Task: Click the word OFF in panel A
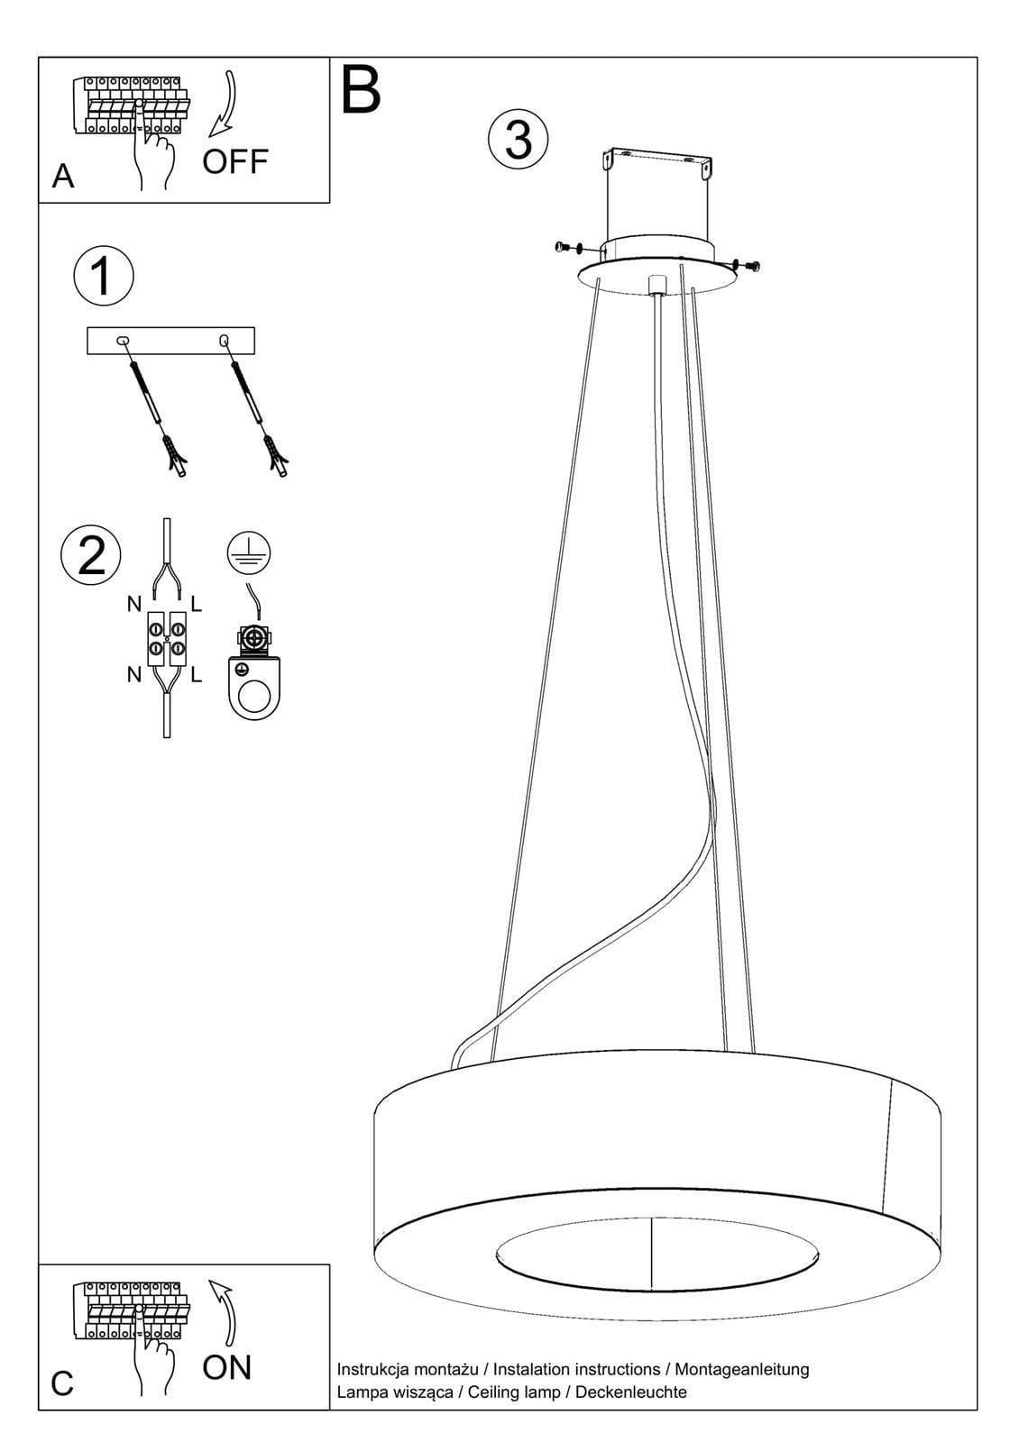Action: point(234,161)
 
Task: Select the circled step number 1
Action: point(104,276)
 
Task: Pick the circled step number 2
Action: point(91,554)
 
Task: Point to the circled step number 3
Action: point(519,139)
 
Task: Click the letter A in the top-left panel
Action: point(62,176)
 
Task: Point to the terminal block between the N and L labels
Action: point(167,638)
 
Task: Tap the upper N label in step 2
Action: point(134,604)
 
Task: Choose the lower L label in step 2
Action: point(197,674)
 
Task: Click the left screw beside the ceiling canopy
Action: point(567,246)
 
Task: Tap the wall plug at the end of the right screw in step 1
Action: point(278,456)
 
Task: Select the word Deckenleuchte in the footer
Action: point(630,1392)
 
